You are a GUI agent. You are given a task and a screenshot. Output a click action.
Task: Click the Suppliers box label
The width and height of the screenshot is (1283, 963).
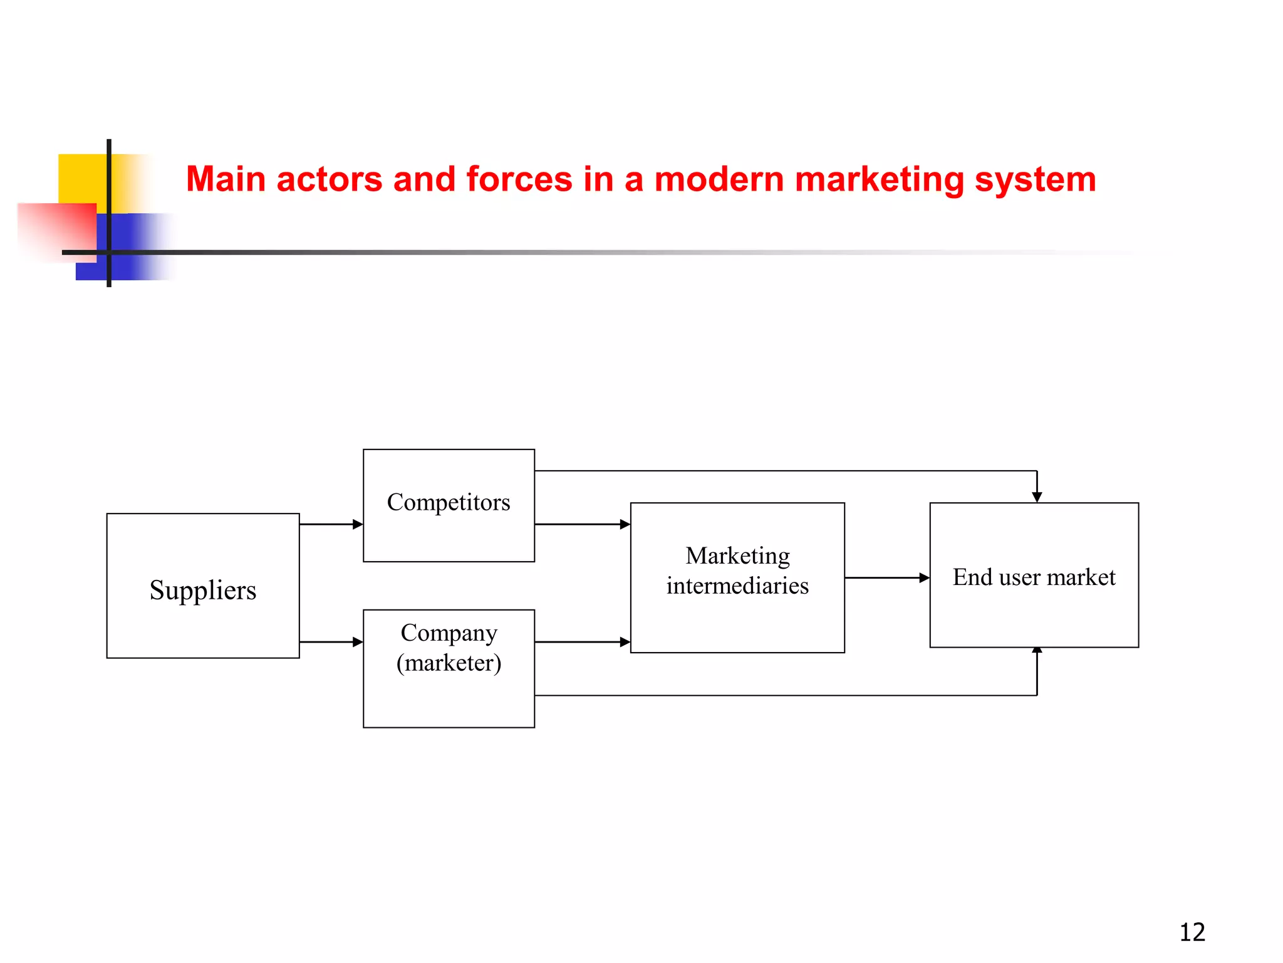click(x=203, y=590)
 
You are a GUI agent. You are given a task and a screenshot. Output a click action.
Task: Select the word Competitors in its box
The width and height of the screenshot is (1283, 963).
click(x=449, y=502)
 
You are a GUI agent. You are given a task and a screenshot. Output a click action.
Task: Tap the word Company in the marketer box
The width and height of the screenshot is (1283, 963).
click(x=449, y=633)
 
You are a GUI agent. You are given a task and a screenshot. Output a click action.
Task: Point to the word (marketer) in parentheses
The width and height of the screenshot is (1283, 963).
click(x=449, y=663)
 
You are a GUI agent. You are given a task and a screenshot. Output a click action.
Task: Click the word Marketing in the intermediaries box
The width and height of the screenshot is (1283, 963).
click(x=737, y=555)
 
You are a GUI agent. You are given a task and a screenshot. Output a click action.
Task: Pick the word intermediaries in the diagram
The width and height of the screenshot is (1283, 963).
click(x=737, y=586)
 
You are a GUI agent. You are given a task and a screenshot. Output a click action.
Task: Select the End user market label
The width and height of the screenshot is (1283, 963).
click(x=1034, y=577)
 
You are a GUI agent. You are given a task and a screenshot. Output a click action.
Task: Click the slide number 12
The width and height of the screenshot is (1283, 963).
click(x=1192, y=932)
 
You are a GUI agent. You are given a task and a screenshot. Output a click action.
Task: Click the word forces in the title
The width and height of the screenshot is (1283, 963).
click(x=519, y=179)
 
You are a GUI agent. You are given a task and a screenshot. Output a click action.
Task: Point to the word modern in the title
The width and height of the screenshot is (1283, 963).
click(x=719, y=179)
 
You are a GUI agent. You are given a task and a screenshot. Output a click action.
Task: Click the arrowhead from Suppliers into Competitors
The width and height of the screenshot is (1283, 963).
click(x=358, y=524)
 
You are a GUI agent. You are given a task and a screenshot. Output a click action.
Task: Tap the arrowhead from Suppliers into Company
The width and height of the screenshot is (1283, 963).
click(x=358, y=642)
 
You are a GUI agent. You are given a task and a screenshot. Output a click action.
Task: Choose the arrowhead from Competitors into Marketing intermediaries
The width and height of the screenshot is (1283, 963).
click(x=625, y=524)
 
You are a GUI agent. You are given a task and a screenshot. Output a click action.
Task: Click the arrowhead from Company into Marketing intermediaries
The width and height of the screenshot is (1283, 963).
click(x=625, y=642)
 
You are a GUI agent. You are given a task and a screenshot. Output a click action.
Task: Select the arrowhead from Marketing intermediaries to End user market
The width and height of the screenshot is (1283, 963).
click(x=924, y=577)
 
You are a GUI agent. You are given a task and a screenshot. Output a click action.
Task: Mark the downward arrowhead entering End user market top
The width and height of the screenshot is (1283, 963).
click(x=1037, y=497)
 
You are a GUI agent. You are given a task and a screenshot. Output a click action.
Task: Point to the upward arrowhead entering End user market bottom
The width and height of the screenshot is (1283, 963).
click(x=1037, y=651)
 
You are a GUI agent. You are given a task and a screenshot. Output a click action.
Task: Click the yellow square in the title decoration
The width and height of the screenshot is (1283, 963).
click(x=81, y=178)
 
